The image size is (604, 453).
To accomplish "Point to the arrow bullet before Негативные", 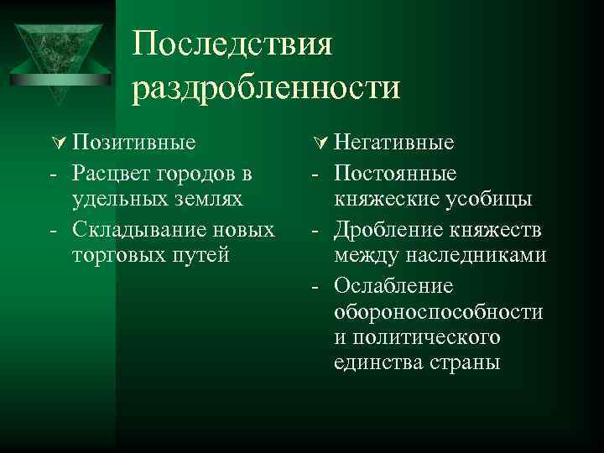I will [x=317, y=143].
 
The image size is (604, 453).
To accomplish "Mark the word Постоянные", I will [x=395, y=173].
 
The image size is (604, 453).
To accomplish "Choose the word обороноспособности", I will [x=438, y=312].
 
